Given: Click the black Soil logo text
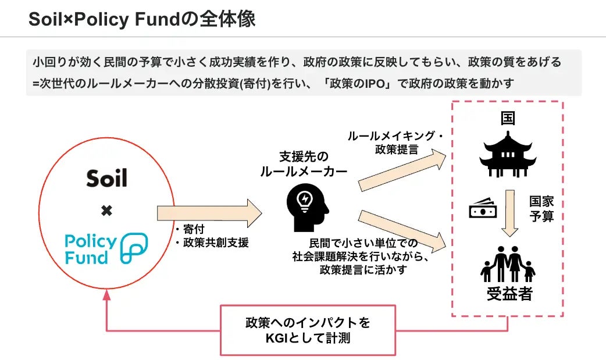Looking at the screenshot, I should tap(106, 178).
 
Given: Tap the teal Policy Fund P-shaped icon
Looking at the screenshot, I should tap(134, 249).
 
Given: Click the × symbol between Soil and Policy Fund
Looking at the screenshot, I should tap(106, 211).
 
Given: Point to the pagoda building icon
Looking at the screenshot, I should tap(508, 152).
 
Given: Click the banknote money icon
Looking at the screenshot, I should tap(483, 209).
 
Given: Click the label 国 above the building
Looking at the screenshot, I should tap(508, 119).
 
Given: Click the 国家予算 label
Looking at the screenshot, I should tap(541, 209).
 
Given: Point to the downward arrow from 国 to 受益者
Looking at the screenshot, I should tap(509, 212).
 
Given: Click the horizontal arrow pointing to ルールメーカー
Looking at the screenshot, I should tap(209, 213).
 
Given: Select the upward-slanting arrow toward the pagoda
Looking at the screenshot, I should tap(405, 170).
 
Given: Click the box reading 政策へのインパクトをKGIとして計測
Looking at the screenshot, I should tap(307, 330).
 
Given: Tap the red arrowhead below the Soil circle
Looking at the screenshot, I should tap(106, 295).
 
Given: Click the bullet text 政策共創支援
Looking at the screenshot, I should tap(215, 243).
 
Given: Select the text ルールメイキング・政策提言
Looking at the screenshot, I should tap(395, 142).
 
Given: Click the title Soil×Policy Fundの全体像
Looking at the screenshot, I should tap(142, 19).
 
